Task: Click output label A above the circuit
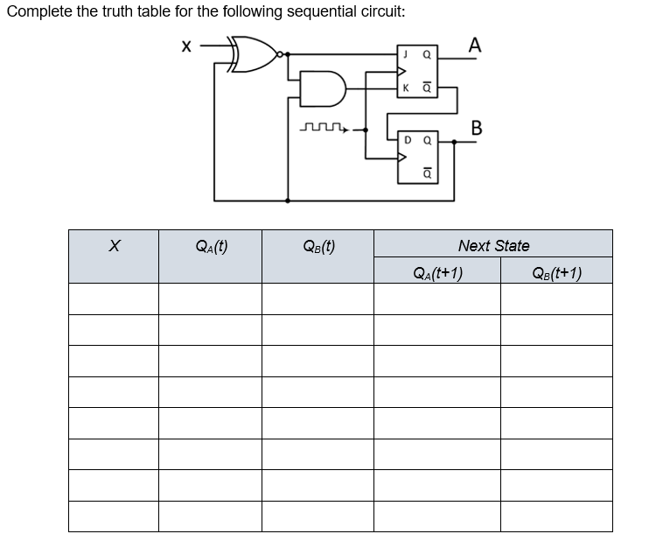click(x=474, y=44)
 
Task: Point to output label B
click(x=476, y=128)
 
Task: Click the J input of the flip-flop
click(x=405, y=54)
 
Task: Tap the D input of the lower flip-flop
click(x=408, y=139)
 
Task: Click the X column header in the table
click(x=113, y=247)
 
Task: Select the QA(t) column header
click(x=210, y=246)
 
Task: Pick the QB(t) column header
click(x=318, y=246)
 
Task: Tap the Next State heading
click(x=493, y=245)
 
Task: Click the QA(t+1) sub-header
click(x=437, y=271)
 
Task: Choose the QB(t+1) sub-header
click(x=556, y=271)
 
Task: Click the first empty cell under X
click(x=113, y=299)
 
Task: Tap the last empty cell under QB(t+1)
click(x=556, y=516)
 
